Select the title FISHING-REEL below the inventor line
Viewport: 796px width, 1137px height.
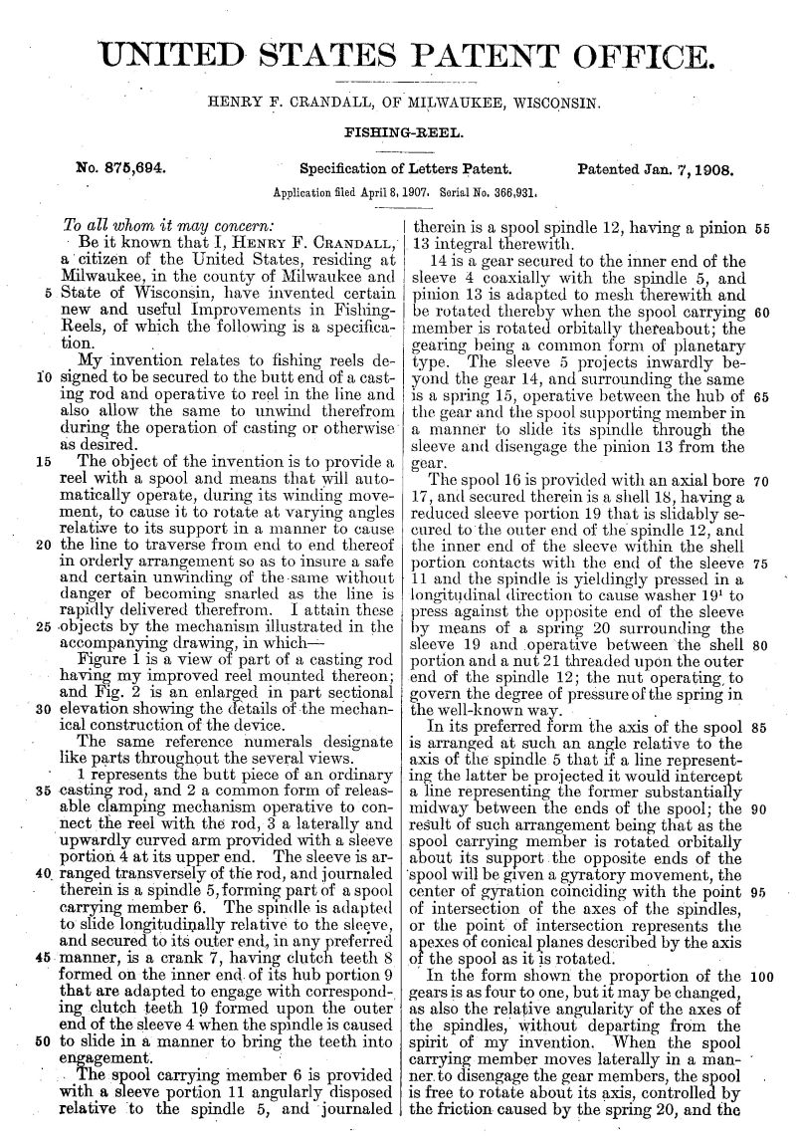(x=397, y=130)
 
